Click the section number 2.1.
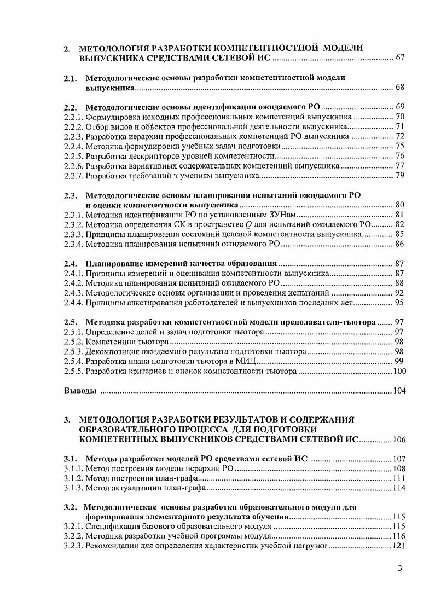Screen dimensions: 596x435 (x=71, y=78)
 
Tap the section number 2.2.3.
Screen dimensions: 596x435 (x=73, y=136)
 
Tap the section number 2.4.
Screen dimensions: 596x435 (x=71, y=263)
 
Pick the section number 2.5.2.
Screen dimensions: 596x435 (x=73, y=342)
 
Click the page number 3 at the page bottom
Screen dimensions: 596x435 (x=400, y=569)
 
